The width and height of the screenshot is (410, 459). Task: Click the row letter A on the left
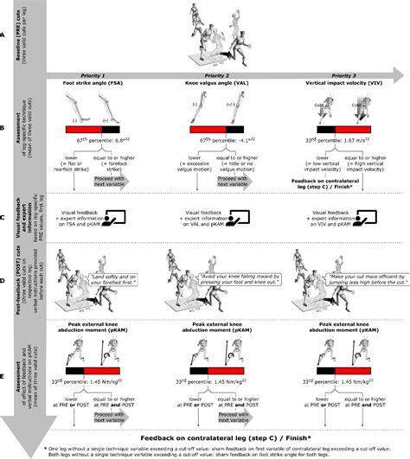coord(6,34)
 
